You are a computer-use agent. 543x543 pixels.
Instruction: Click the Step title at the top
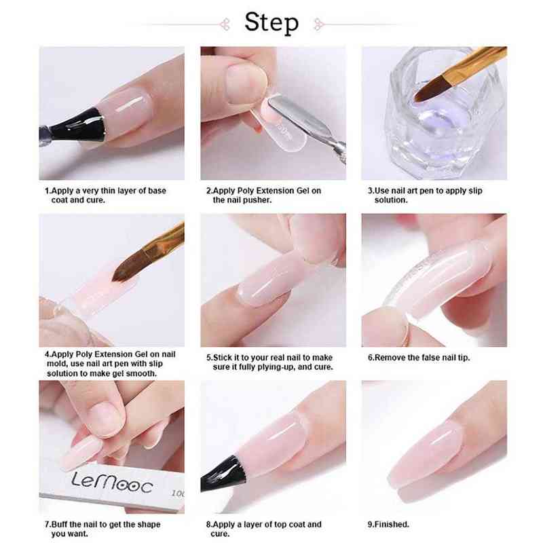coord(271,22)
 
